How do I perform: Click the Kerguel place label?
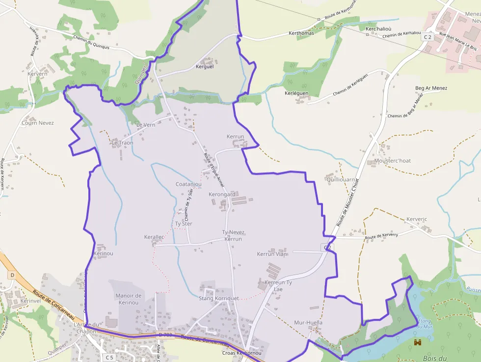click(x=205, y=66)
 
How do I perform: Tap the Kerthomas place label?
click(x=301, y=33)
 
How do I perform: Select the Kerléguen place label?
click(x=296, y=93)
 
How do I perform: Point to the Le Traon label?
click(x=122, y=143)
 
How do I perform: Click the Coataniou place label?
click(x=188, y=184)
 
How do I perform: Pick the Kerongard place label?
click(x=222, y=195)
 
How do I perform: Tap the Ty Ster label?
click(x=184, y=223)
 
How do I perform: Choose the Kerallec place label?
click(x=154, y=237)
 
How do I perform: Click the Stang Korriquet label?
click(x=218, y=298)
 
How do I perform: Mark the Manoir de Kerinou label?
click(x=128, y=299)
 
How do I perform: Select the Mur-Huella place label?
click(x=308, y=323)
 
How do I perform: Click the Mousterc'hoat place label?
click(x=392, y=161)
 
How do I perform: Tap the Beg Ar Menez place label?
click(x=431, y=88)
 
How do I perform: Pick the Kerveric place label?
click(x=417, y=219)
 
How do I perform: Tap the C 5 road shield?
click(x=108, y=357)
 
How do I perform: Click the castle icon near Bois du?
click(x=418, y=342)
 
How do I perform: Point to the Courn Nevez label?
click(x=37, y=123)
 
